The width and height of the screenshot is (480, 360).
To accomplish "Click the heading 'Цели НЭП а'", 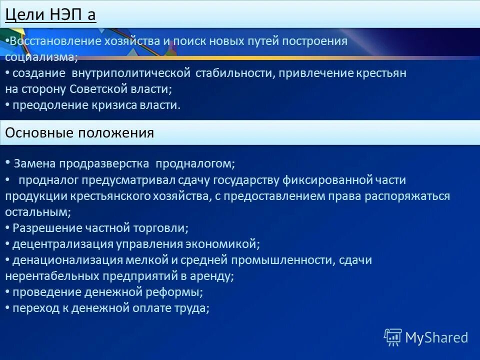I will point(50,14).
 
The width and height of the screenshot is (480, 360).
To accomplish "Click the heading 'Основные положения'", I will point(79,133).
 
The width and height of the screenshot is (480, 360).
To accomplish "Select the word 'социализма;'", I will point(41,57).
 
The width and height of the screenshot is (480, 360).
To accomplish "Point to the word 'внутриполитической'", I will point(131,73).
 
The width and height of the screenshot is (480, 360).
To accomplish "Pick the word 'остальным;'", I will point(38,212).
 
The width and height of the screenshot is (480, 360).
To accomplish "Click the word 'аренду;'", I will point(215,276).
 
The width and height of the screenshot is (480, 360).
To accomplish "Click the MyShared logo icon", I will point(392,337).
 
